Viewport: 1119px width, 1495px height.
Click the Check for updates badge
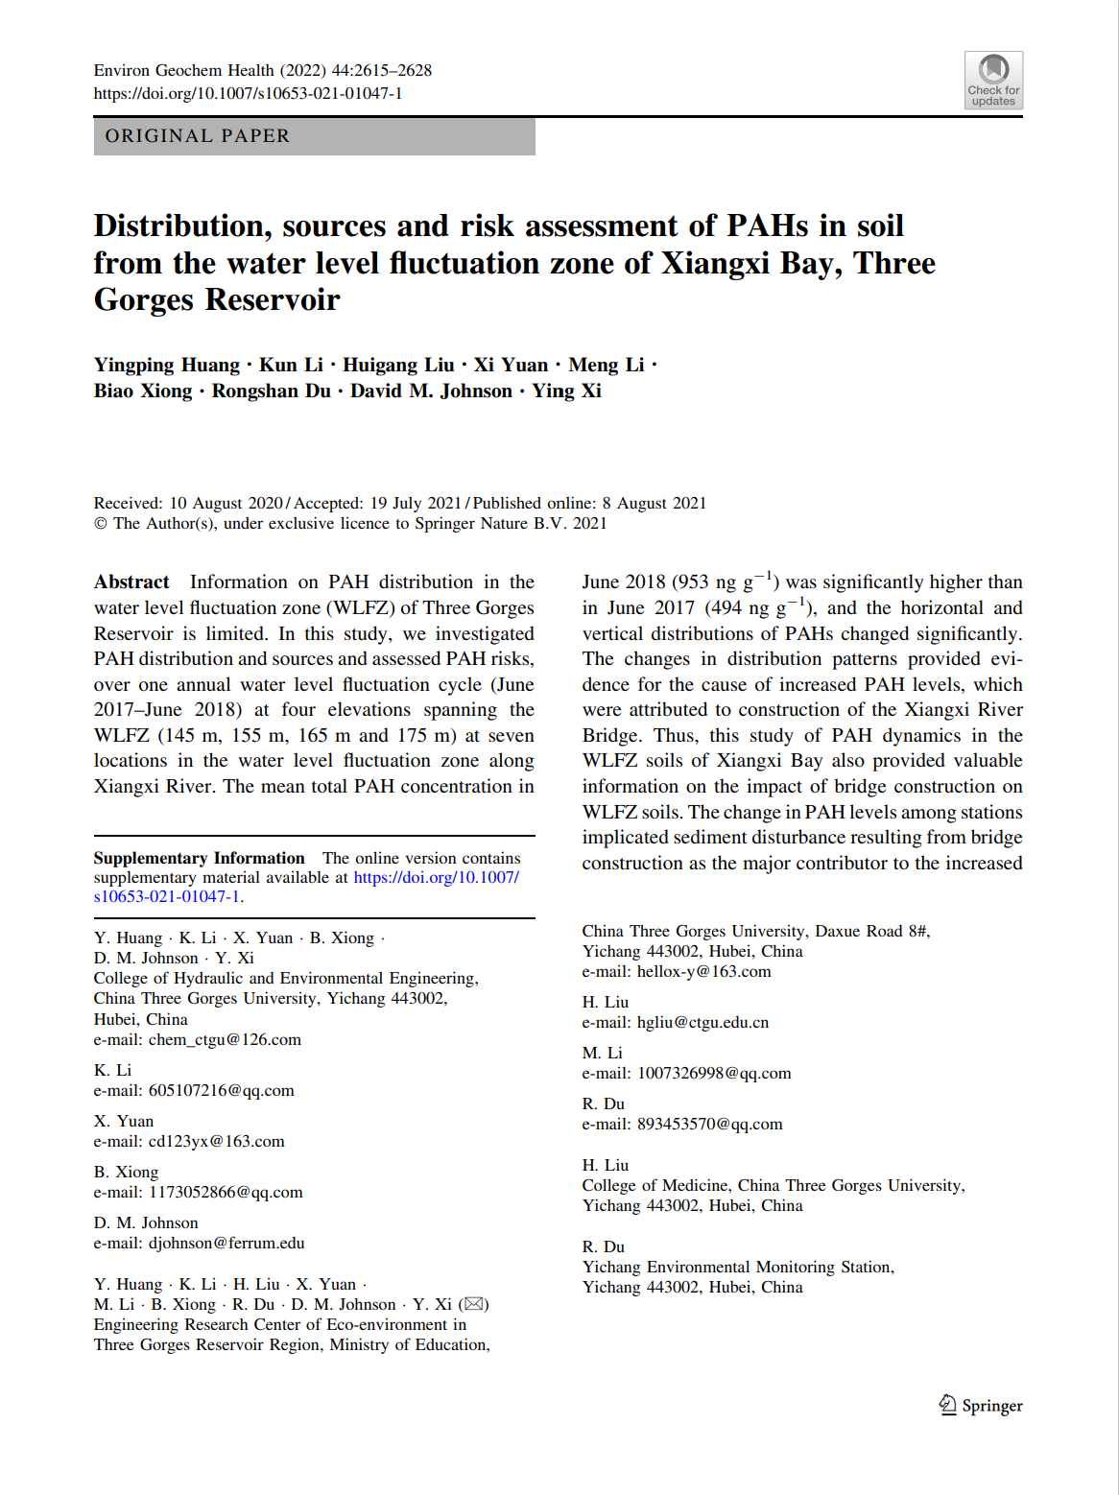tap(993, 80)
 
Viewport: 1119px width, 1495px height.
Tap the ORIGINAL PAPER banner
tap(314, 136)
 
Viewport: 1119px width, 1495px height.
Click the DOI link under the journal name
tap(248, 93)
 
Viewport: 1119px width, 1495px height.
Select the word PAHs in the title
tap(768, 225)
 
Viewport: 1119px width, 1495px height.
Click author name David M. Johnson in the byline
tap(431, 391)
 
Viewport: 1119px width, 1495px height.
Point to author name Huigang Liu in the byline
tap(398, 365)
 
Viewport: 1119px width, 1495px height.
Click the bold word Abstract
tap(131, 581)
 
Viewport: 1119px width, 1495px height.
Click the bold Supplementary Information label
tap(199, 858)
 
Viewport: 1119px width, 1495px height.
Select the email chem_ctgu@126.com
tap(225, 1039)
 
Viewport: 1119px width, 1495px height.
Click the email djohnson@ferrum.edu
tap(226, 1243)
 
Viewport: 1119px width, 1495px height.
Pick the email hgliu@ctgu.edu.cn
tap(702, 1022)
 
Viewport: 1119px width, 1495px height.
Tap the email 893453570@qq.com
tap(709, 1124)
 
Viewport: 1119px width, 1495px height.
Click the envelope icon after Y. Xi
tap(473, 1304)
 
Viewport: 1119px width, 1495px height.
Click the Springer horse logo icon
tap(947, 1405)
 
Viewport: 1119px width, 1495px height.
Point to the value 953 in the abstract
tap(692, 582)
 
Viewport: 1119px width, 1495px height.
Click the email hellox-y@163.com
tap(703, 971)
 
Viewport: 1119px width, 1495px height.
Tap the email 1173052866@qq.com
tap(226, 1192)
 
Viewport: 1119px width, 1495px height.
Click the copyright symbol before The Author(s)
tap(101, 523)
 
